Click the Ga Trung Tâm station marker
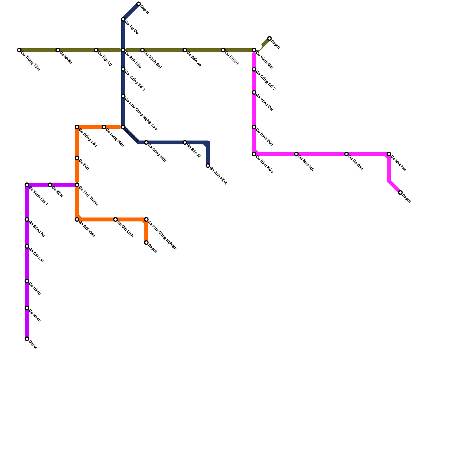pyautogui.click(x=19, y=50)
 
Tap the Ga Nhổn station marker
pyautogui.click(x=58, y=50)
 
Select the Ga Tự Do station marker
pyautogui.click(x=123, y=19)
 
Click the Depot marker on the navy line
pyautogui.click(x=139, y=4)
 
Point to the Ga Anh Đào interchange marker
pyautogui.click(x=123, y=50)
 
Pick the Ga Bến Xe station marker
pyautogui.click(x=185, y=50)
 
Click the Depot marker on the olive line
pyautogui.click(x=269, y=38)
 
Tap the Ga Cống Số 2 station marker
pyautogui.click(x=254, y=70)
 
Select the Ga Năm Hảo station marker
pyautogui.click(x=254, y=154)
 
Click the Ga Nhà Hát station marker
pyautogui.click(x=389, y=154)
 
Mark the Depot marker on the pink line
pyautogui.click(x=400, y=193)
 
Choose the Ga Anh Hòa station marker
pyautogui.click(x=208, y=165)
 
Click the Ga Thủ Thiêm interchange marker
pyautogui.click(x=77, y=185)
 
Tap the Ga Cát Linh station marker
pyautogui.click(x=115, y=220)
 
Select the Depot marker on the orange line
pyautogui.click(x=146, y=243)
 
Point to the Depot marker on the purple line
pyautogui.click(x=27, y=339)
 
